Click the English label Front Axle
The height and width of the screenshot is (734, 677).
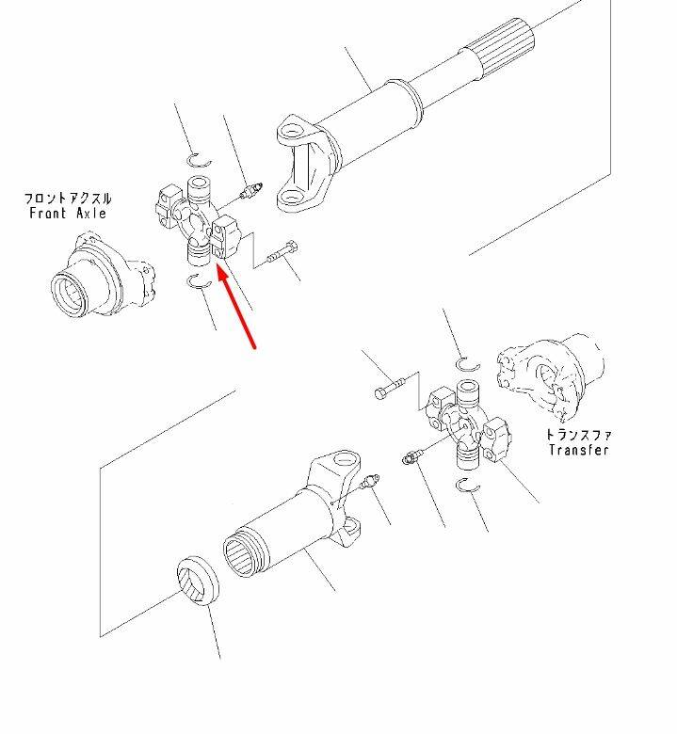[x=68, y=214]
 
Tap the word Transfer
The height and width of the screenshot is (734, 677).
[x=579, y=450]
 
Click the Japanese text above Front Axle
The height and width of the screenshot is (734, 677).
[x=68, y=199]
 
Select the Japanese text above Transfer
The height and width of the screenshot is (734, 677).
[x=579, y=435]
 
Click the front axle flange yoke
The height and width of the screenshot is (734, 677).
[x=102, y=276]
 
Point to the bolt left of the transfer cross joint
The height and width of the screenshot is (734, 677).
[x=388, y=388]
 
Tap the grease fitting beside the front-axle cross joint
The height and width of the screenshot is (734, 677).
[x=250, y=191]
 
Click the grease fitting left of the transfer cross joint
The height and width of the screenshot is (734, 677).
[x=412, y=456]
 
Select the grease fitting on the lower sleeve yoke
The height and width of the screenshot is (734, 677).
[x=370, y=482]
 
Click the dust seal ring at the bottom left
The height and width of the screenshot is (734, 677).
[x=198, y=580]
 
